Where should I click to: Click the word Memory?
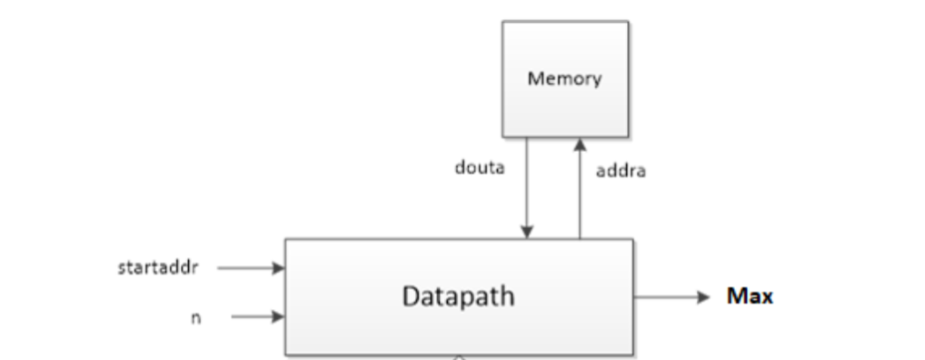(x=564, y=78)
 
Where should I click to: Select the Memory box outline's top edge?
(x=564, y=22)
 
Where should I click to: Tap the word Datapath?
(x=458, y=296)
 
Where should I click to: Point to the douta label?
(x=479, y=168)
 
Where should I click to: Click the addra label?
(x=621, y=171)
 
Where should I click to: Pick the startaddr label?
(x=158, y=267)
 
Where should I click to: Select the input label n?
(x=196, y=318)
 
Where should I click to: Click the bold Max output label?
(x=750, y=296)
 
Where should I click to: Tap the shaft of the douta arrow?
(x=527, y=182)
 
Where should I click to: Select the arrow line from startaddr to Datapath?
(x=245, y=268)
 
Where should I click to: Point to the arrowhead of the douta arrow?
(x=527, y=233)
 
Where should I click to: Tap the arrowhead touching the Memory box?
(x=579, y=144)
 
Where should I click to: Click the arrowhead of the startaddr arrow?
(x=280, y=268)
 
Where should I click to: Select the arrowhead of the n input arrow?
(x=280, y=317)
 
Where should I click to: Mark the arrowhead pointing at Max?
(x=702, y=297)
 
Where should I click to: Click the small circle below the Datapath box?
(x=459, y=357)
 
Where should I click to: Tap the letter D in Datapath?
(x=411, y=296)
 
